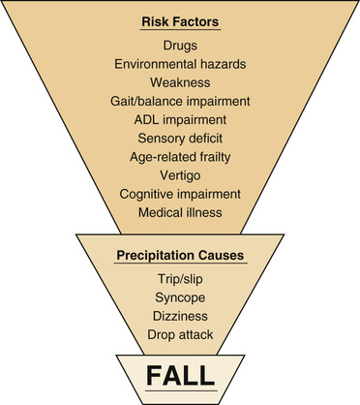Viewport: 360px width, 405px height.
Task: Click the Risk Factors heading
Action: tap(179, 22)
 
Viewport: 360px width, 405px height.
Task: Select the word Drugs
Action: tap(179, 46)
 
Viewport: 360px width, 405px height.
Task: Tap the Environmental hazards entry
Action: tap(179, 64)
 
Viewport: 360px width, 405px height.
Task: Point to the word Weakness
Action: tap(179, 82)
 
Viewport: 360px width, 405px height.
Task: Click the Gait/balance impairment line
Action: tap(179, 101)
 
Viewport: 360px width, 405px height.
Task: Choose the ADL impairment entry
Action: tap(179, 119)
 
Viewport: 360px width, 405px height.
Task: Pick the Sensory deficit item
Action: tap(179, 138)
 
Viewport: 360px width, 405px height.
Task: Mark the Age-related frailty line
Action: tap(179, 156)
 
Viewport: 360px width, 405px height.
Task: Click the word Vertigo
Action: tap(179, 174)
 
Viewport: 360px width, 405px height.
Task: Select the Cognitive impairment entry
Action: tap(179, 193)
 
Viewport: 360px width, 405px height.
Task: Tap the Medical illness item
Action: tap(179, 211)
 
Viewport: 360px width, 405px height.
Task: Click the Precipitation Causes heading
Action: tap(179, 259)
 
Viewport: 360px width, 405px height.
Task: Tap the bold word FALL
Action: tap(179, 373)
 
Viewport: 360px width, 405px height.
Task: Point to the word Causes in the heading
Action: tap(217, 259)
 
